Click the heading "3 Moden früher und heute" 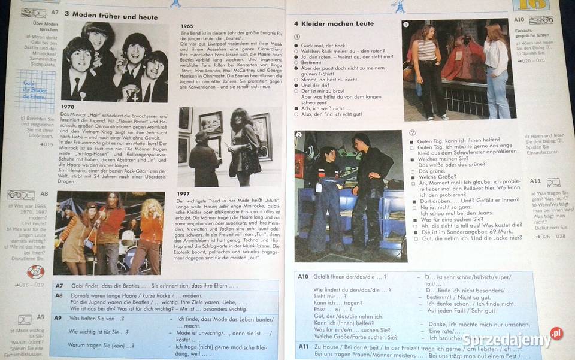pos(111,16)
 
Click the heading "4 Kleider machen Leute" pos(334,23)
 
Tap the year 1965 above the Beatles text pos(187,26)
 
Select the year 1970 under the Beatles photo pos(68,107)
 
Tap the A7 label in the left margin pos(55,12)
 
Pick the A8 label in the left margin pos(44,193)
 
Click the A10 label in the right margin pos(519,20)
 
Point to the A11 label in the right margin pos(535,181)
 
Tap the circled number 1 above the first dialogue pos(297,37)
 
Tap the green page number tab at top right pos(530,5)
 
